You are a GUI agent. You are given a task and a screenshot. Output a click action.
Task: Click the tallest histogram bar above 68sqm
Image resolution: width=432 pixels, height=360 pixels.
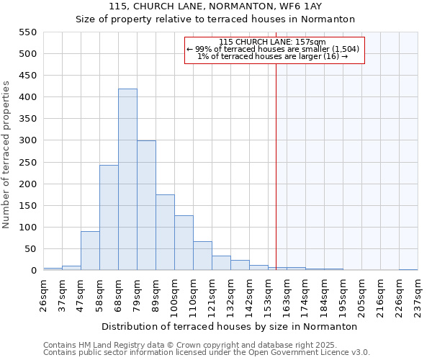127,179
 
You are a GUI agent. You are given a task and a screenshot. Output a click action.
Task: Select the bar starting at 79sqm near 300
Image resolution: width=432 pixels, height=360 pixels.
146,205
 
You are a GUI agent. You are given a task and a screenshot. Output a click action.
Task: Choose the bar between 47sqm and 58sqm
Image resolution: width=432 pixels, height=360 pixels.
90,251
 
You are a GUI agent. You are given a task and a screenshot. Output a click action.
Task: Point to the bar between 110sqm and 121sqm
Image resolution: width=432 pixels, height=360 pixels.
202,256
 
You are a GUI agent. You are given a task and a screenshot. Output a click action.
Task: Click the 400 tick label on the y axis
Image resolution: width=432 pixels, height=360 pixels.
27,97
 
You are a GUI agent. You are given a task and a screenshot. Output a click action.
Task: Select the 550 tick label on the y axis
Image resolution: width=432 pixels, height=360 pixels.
27,32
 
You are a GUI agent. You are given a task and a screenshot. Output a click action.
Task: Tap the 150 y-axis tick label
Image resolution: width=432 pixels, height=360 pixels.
27,206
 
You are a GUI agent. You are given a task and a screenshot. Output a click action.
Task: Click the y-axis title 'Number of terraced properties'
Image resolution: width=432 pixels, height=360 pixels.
7,154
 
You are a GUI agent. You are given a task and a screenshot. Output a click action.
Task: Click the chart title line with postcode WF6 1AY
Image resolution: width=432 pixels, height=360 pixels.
216,6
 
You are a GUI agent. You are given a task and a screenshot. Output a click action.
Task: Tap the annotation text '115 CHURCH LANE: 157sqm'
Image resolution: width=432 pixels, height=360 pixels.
273,42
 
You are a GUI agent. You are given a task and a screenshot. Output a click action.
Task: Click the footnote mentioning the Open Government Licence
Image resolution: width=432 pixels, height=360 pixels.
207,353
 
